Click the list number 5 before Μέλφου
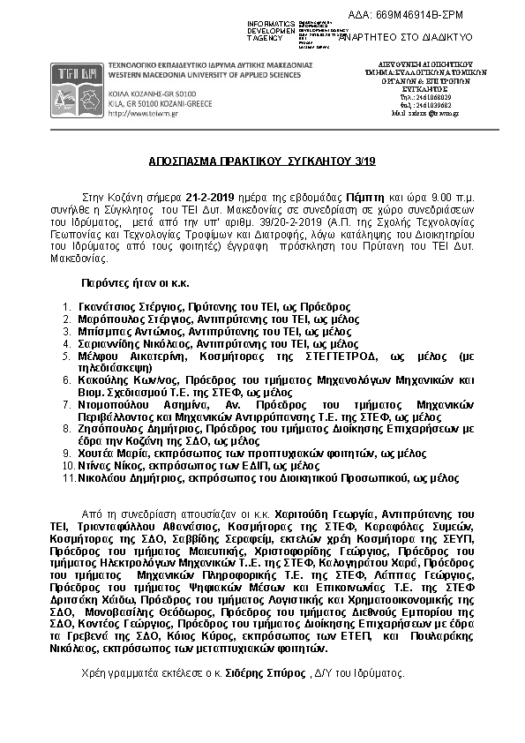(67, 356)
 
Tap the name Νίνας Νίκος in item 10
(109, 464)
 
